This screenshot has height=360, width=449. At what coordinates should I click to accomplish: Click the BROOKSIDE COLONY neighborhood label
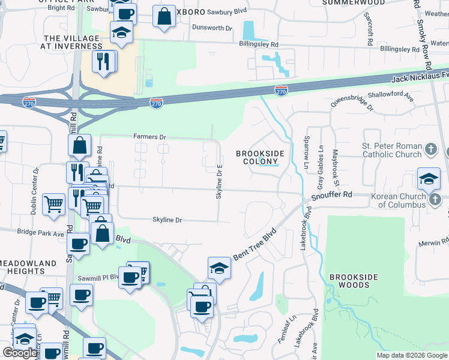[x=259, y=158]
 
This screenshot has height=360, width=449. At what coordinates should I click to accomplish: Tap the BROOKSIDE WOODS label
[x=354, y=280]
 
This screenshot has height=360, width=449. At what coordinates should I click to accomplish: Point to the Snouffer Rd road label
[x=331, y=195]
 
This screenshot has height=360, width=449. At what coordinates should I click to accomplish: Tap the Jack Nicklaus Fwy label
[x=420, y=78]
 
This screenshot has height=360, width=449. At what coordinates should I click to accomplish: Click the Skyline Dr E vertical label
[x=219, y=182]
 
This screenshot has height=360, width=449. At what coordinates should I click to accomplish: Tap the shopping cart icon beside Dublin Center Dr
[x=54, y=204]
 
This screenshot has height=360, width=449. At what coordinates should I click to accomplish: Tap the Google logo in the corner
[x=20, y=353]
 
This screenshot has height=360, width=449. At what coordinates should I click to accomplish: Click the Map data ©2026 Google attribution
[x=412, y=355]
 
